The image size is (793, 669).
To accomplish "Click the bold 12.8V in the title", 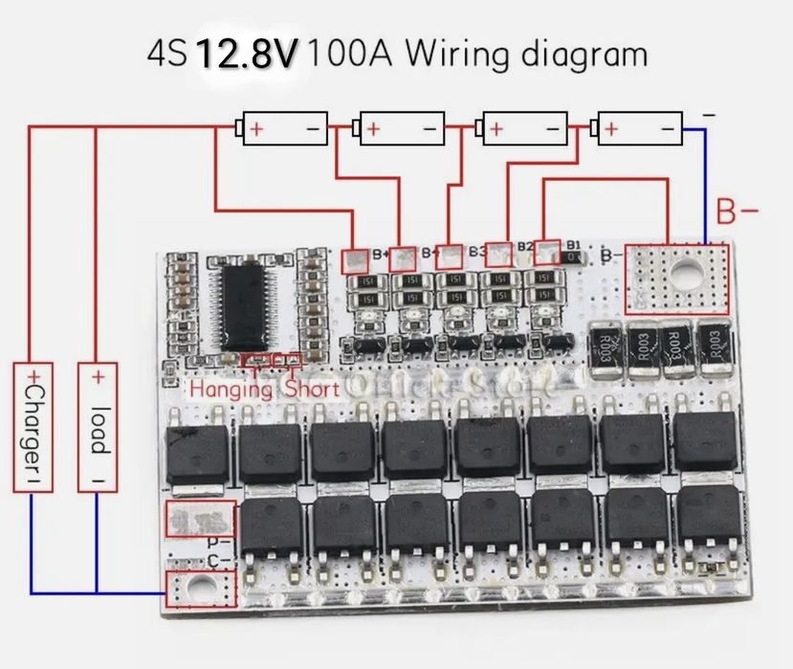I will coord(247,55).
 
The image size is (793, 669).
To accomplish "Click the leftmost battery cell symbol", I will coord(284,127).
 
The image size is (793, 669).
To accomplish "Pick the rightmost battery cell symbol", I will coord(638,127).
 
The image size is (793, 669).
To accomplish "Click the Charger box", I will coord(33,426).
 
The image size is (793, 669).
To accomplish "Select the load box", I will coord(98,426).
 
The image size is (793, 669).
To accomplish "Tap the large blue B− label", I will coord(737,210).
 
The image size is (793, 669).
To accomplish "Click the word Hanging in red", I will coord(232,390).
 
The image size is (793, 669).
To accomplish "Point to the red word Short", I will coord(311,390).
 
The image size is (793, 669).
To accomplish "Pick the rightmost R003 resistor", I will coord(713,347).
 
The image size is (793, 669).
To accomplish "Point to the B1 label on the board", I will coord(573,246).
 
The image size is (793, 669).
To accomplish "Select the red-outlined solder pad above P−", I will coord(199,518).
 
